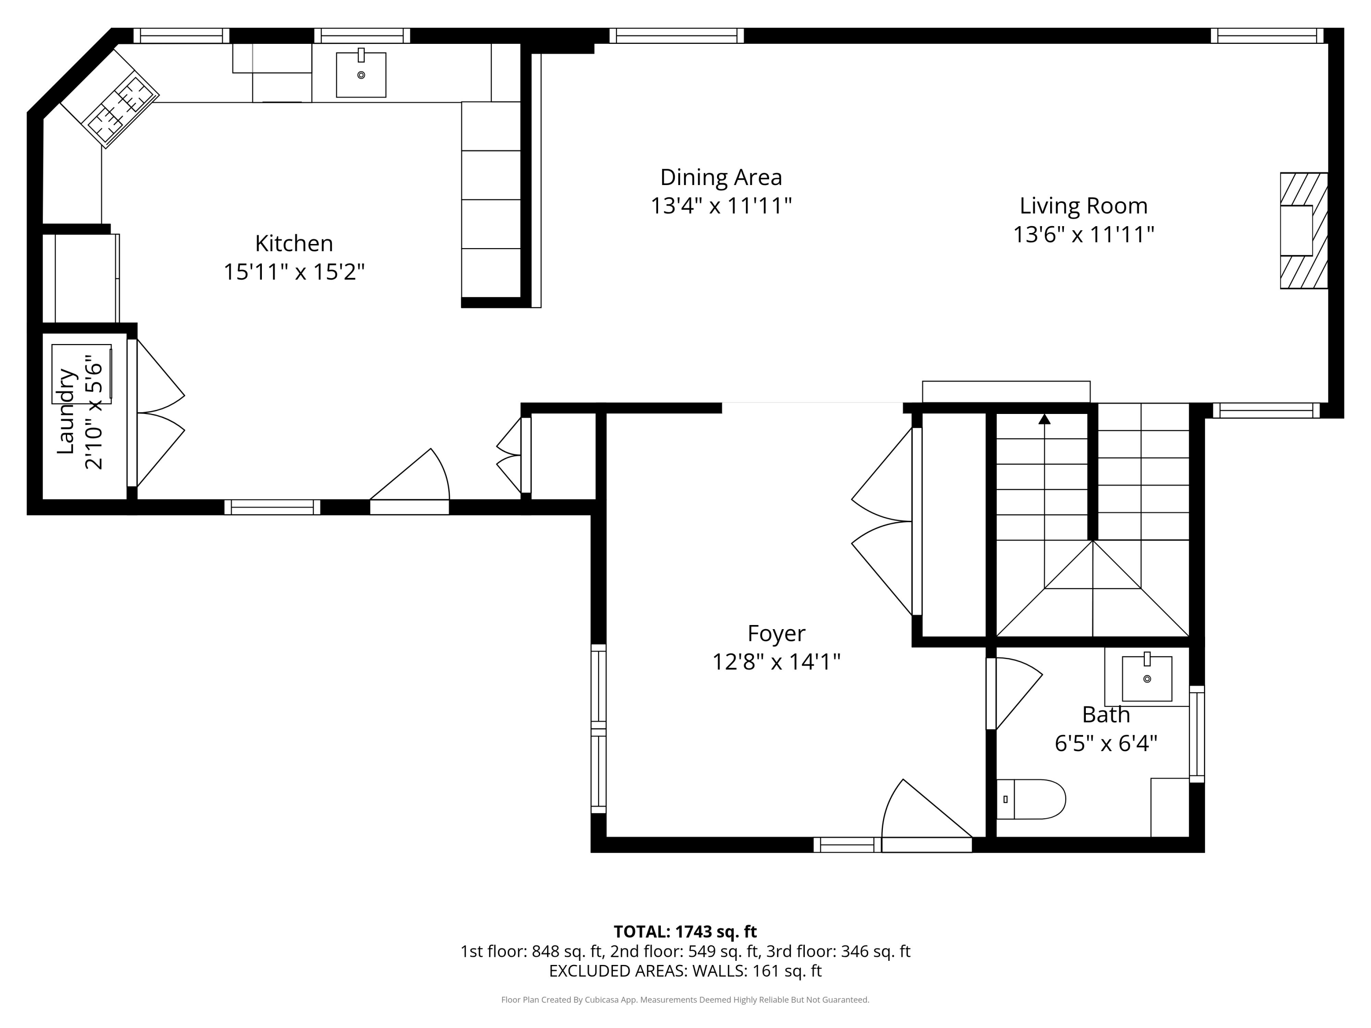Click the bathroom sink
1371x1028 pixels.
tap(1147, 678)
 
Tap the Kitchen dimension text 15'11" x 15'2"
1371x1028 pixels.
tap(294, 271)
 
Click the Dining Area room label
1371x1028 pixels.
tap(720, 177)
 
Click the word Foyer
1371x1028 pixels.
tap(776, 633)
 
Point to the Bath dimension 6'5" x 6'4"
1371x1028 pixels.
tap(1106, 742)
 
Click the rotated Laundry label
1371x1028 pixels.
tap(66, 412)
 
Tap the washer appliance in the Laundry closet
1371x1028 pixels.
tap(81, 374)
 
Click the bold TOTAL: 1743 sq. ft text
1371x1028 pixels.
tap(685, 931)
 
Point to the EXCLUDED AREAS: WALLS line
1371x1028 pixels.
tap(685, 970)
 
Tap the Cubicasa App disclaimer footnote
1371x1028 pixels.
tap(685, 1000)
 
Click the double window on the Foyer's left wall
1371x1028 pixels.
tap(598, 728)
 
